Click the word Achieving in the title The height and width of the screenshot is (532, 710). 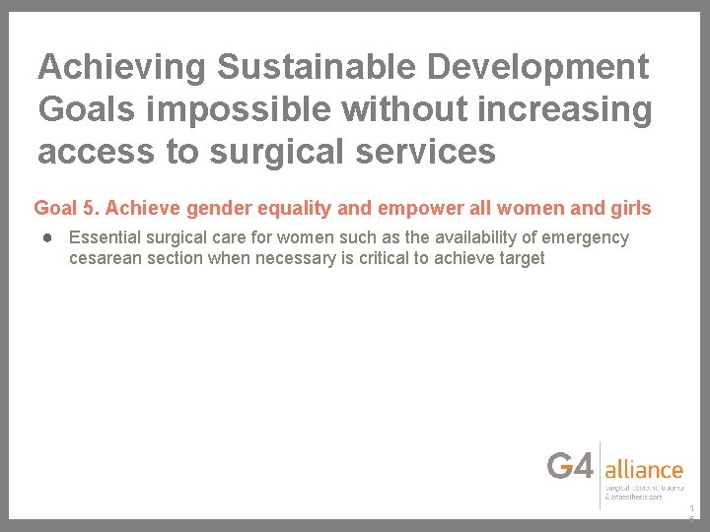pyautogui.click(x=122, y=67)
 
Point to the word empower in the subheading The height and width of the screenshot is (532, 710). pyautogui.click(x=415, y=208)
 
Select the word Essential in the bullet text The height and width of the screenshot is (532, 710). pyautogui.click(x=103, y=237)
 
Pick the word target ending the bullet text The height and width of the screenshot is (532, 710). pyautogui.click(x=520, y=258)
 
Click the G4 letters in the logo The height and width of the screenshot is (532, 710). pyautogui.click(x=571, y=465)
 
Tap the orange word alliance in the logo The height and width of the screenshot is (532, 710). pyautogui.click(x=644, y=469)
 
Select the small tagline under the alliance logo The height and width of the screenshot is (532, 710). pyautogui.click(x=644, y=492)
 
